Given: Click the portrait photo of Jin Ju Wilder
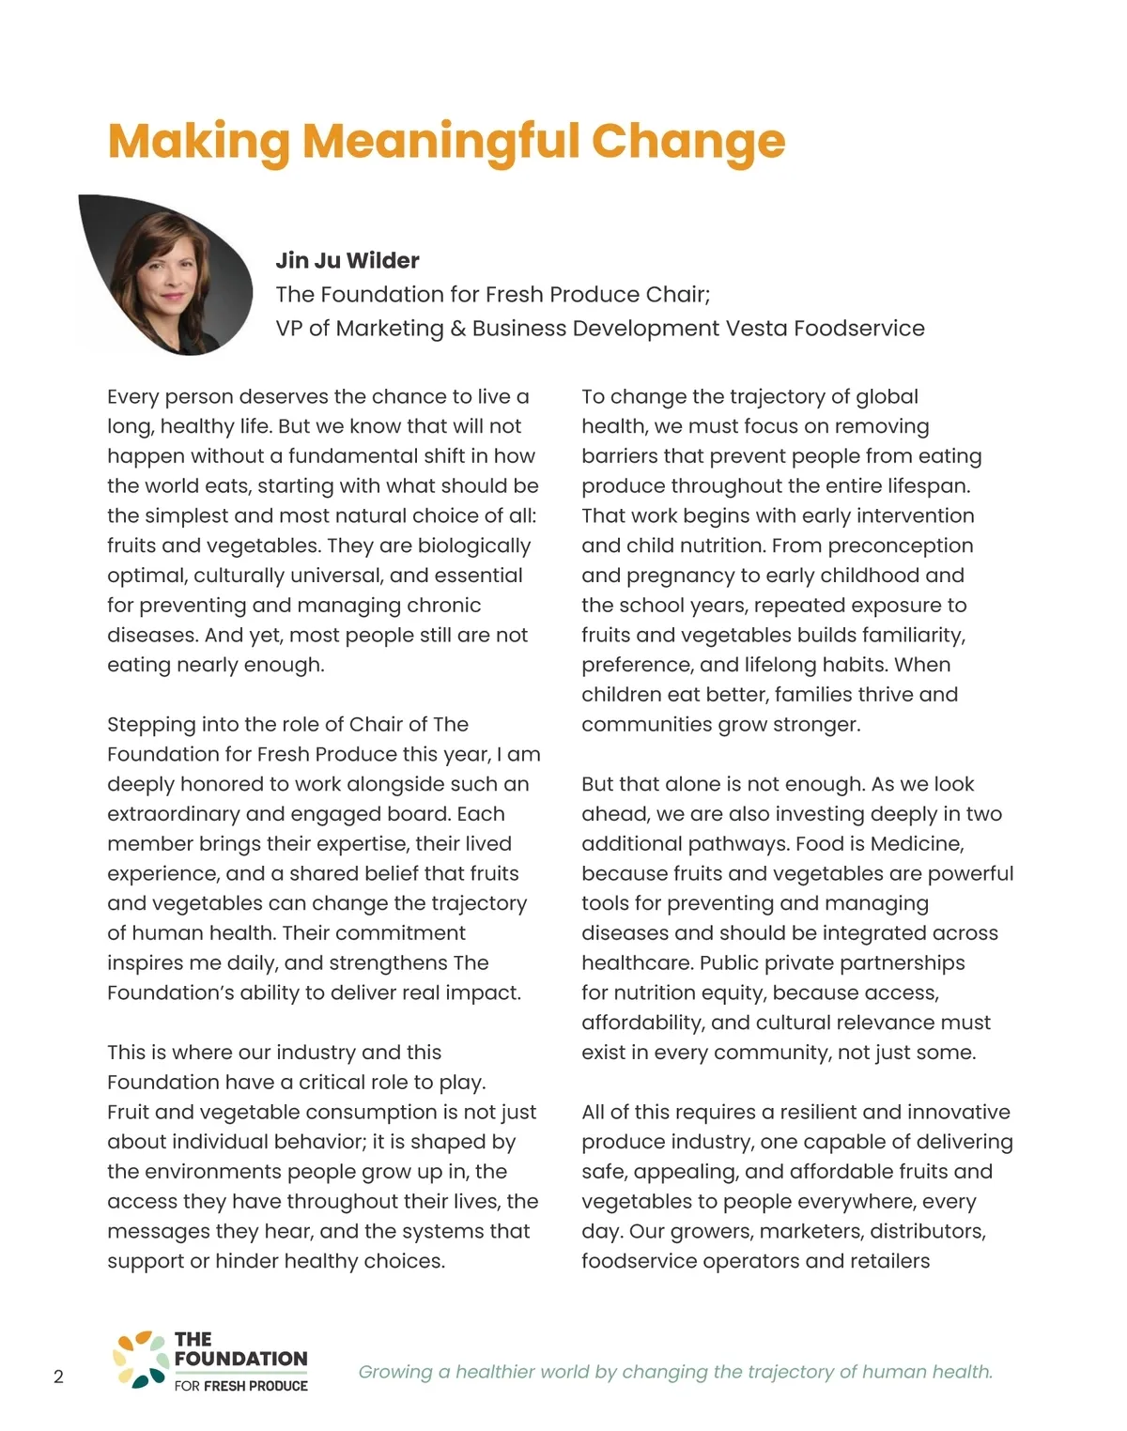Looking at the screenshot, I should click(x=169, y=272).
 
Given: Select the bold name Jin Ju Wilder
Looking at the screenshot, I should click(x=347, y=260).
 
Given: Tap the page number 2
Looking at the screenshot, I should click(x=58, y=1377).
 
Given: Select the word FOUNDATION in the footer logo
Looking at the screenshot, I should click(x=240, y=1359).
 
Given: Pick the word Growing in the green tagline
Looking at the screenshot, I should click(x=395, y=1372).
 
